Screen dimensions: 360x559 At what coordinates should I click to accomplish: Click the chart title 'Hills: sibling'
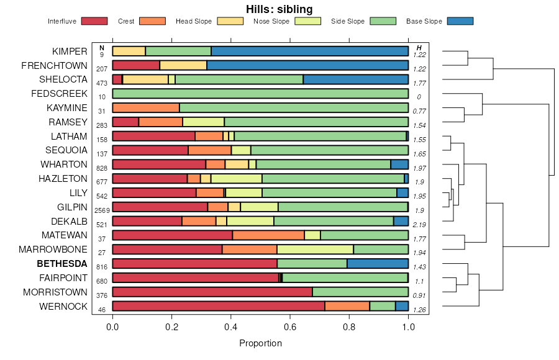tap(279, 9)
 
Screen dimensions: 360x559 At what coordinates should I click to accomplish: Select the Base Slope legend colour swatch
tap(460, 21)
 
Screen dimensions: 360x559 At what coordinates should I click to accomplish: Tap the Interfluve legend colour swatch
tap(94, 21)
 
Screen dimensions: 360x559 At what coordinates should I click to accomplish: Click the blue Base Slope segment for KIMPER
tap(309, 51)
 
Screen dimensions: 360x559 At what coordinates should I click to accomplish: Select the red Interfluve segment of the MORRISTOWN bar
tap(212, 292)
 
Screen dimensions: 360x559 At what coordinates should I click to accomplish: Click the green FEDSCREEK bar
tap(260, 94)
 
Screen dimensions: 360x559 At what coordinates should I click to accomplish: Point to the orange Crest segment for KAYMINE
tap(146, 108)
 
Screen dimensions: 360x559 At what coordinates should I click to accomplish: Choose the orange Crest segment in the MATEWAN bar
tap(268, 235)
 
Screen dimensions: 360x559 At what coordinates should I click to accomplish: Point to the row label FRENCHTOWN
tap(55, 65)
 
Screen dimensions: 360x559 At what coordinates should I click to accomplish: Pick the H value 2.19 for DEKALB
tap(419, 224)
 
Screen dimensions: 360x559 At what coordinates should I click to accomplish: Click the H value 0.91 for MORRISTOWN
tap(419, 295)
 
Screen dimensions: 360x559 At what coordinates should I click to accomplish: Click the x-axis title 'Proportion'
tap(260, 343)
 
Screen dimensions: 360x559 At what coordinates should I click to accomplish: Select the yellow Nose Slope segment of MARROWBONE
tap(315, 250)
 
